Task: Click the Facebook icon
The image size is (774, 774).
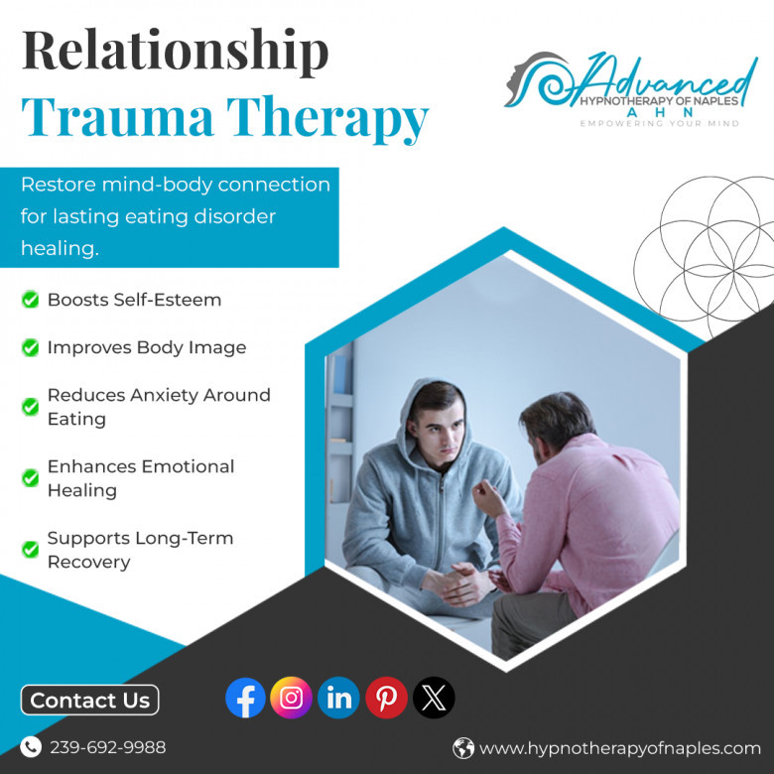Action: (x=245, y=697)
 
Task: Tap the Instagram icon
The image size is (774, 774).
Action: (x=291, y=697)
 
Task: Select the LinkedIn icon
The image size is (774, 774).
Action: (x=338, y=697)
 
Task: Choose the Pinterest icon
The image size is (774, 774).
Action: (x=387, y=697)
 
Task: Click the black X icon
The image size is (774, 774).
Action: (x=434, y=697)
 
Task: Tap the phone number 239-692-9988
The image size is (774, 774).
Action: (x=107, y=747)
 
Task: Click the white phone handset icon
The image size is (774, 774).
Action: (x=31, y=747)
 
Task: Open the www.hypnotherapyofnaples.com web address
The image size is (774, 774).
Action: (x=620, y=748)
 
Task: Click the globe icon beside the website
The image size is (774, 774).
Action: (x=463, y=748)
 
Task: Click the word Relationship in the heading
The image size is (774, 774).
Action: (x=176, y=52)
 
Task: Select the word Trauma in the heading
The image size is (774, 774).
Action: (x=117, y=117)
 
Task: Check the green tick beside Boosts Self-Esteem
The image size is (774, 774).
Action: (x=30, y=299)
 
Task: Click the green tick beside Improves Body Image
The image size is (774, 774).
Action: (x=30, y=347)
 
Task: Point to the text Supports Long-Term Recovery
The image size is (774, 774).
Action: (x=140, y=550)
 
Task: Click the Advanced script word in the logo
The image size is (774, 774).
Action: (x=662, y=78)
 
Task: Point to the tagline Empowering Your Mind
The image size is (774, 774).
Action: (x=660, y=123)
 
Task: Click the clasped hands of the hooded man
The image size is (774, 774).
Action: (x=456, y=583)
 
